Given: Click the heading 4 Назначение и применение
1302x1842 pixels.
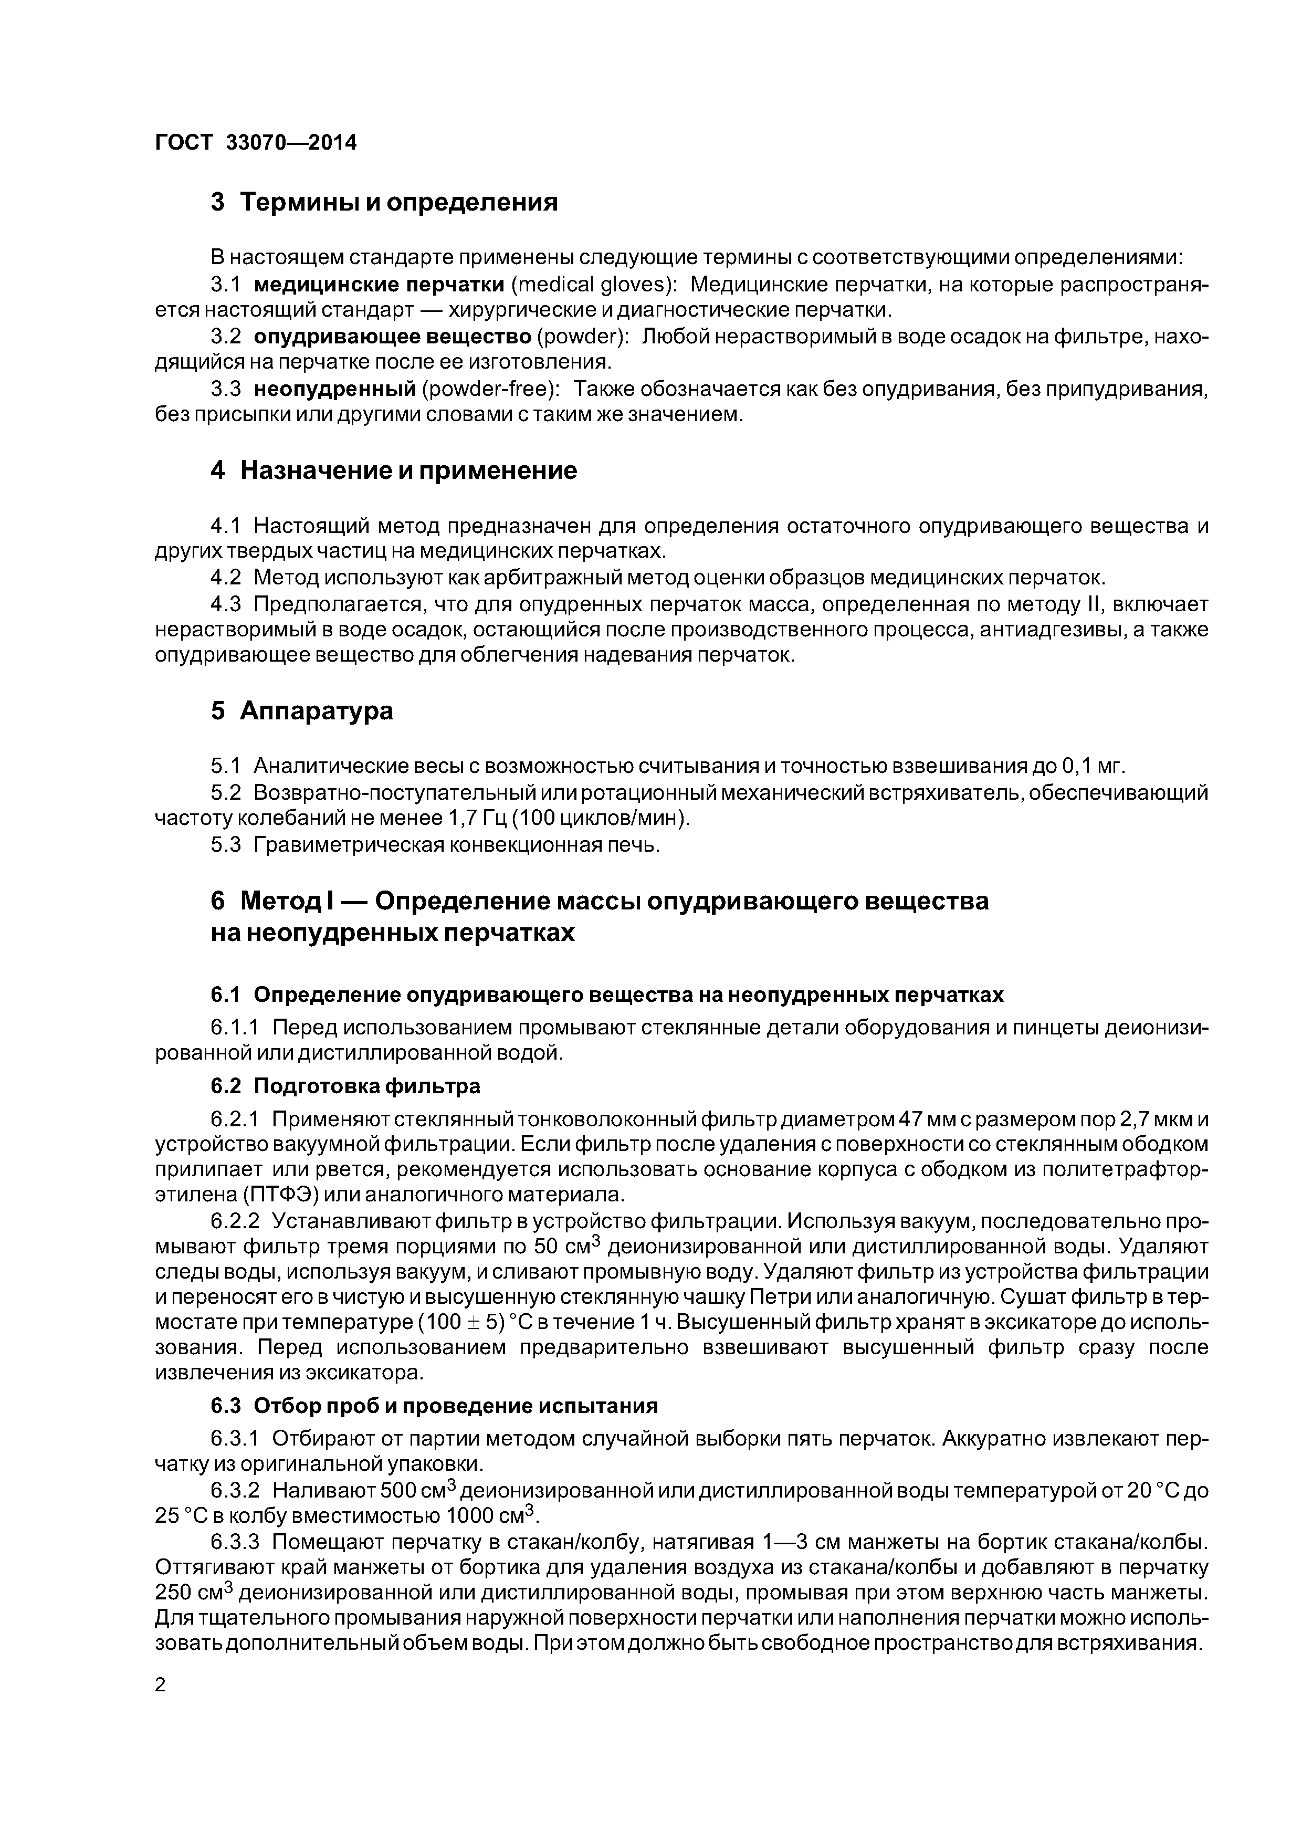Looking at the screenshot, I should pyautogui.click(x=394, y=470).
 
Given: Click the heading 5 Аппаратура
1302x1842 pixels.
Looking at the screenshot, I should pyautogui.click(x=302, y=711).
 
